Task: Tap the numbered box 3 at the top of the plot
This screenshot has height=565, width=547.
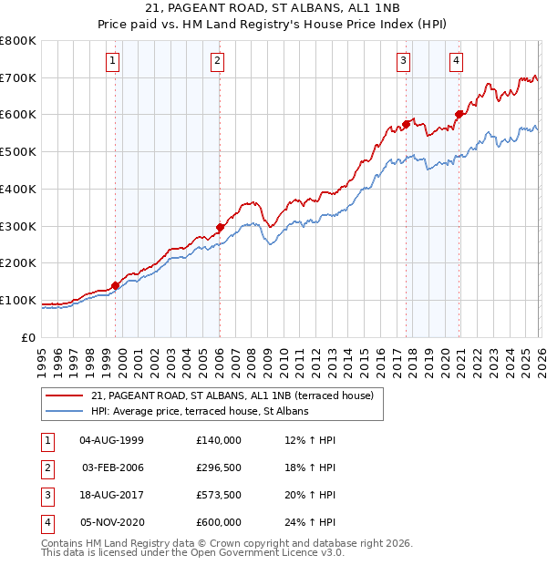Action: tap(403, 61)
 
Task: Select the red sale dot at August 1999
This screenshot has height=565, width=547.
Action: tap(116, 285)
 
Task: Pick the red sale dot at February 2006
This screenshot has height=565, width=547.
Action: tap(220, 227)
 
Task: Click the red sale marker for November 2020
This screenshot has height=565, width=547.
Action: tap(459, 114)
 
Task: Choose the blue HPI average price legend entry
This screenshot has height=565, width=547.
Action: tap(200, 411)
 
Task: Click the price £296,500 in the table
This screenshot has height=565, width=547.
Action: tap(218, 467)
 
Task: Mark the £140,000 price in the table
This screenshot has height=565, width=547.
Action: tap(218, 440)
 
